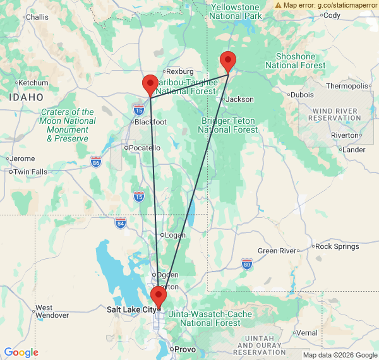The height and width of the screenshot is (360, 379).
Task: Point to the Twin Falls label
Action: point(30,172)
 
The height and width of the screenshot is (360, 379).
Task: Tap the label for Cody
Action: point(332,15)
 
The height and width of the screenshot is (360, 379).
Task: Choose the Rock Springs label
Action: point(337,246)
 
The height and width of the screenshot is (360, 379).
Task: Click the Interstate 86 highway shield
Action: point(95,161)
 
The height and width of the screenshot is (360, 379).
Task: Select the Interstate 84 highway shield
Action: point(121,223)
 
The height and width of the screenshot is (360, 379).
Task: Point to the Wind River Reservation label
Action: point(335,114)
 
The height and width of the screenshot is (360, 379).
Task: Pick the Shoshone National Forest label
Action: point(295,61)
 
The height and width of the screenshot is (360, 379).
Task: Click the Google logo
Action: point(21,352)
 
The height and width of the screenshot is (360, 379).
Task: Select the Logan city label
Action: point(175,235)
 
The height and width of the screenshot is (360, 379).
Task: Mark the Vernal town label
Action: point(307,333)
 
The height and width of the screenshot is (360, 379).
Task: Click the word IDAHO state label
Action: point(26,97)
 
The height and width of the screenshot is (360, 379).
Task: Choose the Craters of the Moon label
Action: point(68,125)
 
